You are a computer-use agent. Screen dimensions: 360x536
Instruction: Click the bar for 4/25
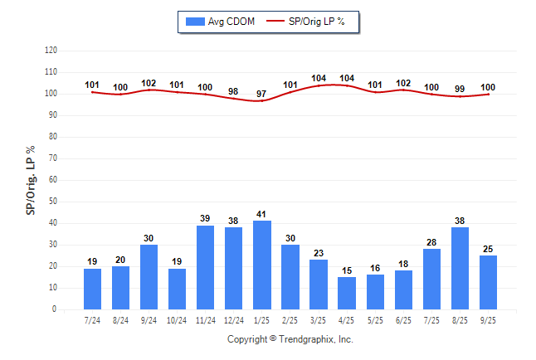tap(347, 294)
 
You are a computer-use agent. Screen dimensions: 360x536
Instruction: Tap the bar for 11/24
tap(206, 267)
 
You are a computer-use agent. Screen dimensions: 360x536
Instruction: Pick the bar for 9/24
tap(149, 277)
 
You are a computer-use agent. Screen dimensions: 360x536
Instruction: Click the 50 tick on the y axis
tap(53, 202)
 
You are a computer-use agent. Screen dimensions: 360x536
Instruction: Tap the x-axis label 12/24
tap(234, 320)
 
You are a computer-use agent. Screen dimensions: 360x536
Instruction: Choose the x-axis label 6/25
tap(403, 320)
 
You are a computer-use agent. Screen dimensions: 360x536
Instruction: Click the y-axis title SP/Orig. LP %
tap(31, 179)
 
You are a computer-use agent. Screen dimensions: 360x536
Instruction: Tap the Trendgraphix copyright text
tap(290, 339)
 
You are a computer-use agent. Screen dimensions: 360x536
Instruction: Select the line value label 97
tap(262, 92)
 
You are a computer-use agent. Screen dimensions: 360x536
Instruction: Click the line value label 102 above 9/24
tap(149, 82)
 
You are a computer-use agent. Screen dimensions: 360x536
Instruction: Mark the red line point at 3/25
tap(319, 85)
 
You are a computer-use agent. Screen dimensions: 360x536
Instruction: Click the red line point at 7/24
tap(93, 92)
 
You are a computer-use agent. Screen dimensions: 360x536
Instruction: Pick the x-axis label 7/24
tap(93, 320)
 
